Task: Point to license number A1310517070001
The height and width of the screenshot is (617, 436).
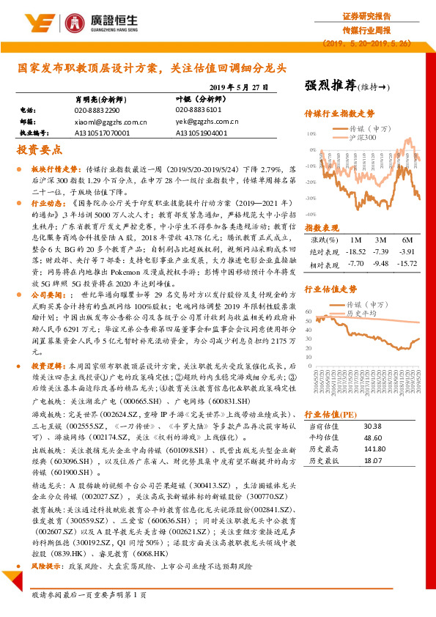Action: [101, 133]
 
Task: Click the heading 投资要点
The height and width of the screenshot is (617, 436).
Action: [38, 149]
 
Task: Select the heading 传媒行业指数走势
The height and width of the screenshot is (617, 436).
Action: [339, 114]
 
